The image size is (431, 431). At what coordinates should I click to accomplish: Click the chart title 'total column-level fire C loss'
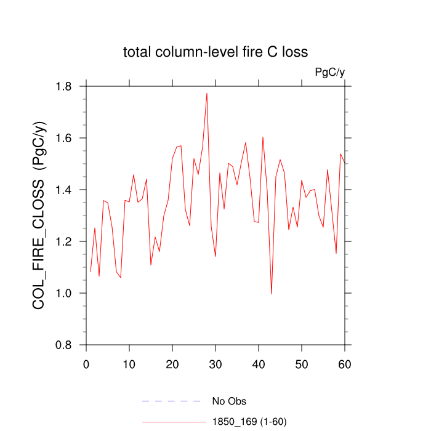coord(215,52)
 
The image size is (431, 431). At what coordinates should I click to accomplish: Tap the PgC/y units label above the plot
coord(330,73)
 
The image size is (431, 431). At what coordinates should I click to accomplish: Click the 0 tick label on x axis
coord(86,364)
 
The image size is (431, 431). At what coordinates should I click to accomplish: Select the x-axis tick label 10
coord(129,364)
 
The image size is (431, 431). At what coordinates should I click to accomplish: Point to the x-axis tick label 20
coord(172,364)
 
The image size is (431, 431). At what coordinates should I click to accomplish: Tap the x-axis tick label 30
coord(216,364)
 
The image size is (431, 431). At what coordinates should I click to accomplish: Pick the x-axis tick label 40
coord(259,364)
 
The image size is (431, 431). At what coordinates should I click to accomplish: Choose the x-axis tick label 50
coord(302,364)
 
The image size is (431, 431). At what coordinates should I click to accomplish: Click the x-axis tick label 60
coord(345,364)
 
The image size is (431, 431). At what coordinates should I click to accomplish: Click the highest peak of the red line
coord(207,93)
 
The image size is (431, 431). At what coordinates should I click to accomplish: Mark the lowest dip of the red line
coord(272,294)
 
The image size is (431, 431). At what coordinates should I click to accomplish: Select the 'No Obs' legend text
coord(229,401)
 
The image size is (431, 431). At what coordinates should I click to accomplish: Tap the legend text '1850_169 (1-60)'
coord(249,422)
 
